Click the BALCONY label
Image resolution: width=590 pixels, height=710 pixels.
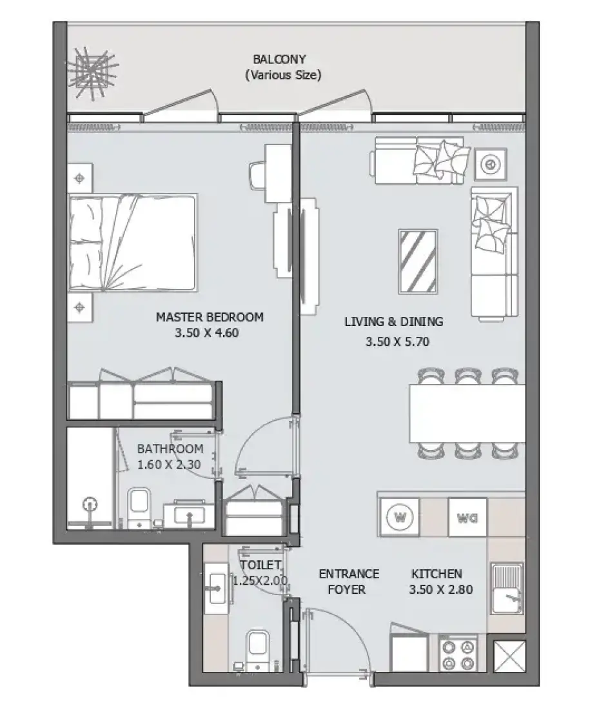[x=279, y=59]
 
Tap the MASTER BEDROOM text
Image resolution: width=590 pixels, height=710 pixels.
[x=210, y=317]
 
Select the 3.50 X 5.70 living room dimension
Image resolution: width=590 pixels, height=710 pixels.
[x=397, y=341]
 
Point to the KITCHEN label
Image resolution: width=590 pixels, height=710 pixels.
[x=437, y=574]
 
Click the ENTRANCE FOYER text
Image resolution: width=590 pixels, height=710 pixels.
[x=348, y=582]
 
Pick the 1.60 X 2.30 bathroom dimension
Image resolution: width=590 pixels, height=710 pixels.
[x=169, y=465]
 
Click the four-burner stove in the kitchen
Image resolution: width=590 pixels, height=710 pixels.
[x=458, y=653]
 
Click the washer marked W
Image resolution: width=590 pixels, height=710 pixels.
[x=400, y=516]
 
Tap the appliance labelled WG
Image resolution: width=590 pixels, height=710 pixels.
[x=467, y=517]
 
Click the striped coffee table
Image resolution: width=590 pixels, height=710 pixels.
[x=418, y=261]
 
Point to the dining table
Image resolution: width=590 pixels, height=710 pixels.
[x=467, y=413]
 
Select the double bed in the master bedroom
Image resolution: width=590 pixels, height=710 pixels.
[x=133, y=243]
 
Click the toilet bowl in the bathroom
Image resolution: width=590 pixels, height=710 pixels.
[x=139, y=506]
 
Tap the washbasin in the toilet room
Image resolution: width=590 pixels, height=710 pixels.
[x=216, y=588]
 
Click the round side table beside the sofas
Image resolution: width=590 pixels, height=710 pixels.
[x=491, y=165]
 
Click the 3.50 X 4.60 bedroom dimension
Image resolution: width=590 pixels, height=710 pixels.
[x=207, y=333]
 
